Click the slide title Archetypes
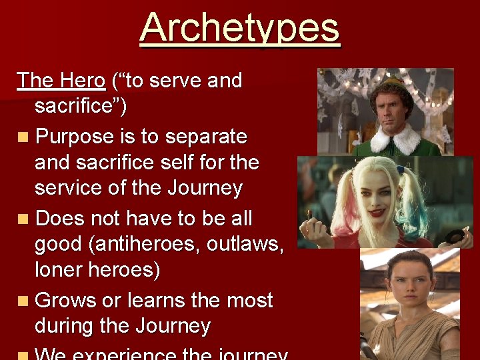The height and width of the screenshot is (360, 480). coord(240,28)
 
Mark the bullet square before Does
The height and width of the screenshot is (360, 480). coord(24,219)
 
